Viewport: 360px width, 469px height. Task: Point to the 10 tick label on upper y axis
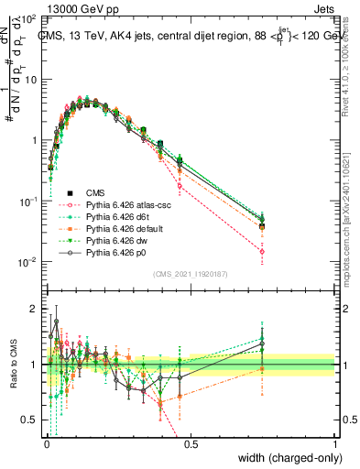29,80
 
